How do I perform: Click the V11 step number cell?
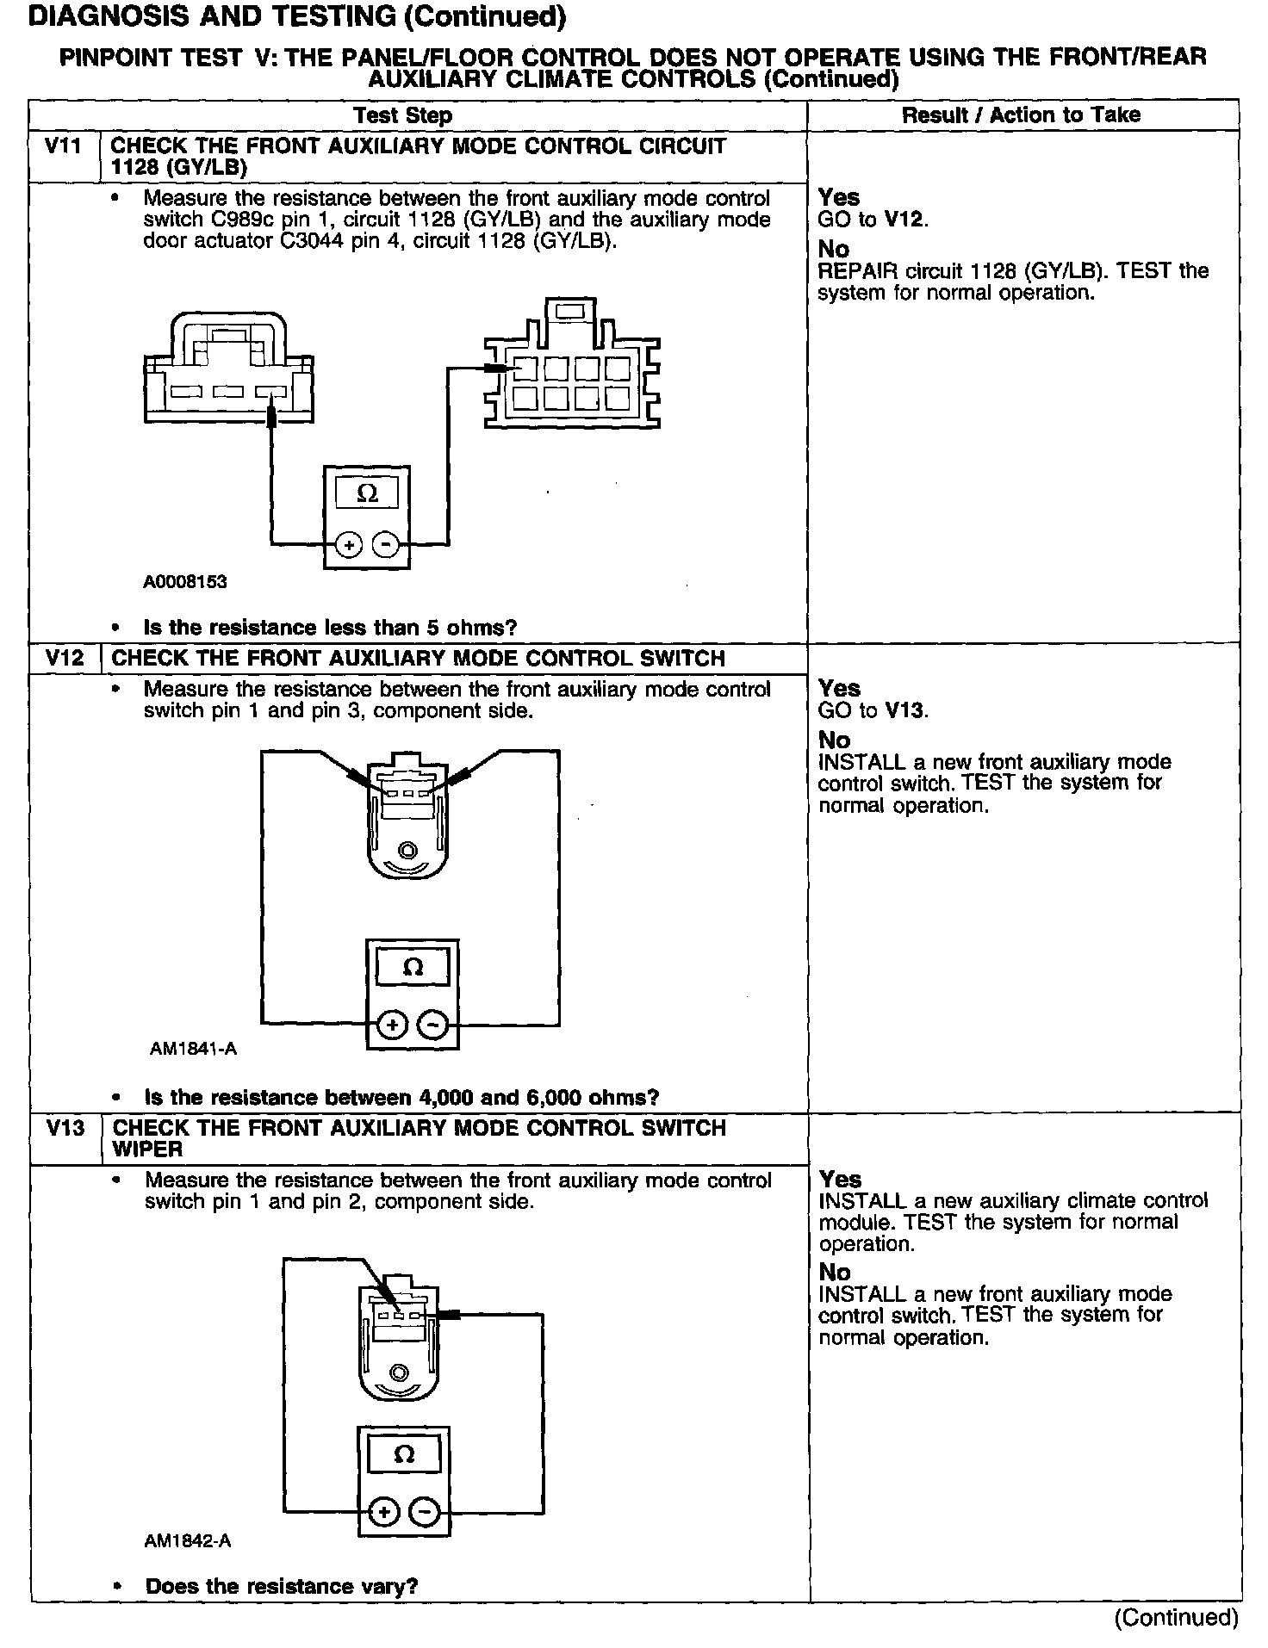64,146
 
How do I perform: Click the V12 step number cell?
65,659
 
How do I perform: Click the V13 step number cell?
65,1128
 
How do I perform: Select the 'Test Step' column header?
402,115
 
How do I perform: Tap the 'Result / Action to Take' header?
1021,115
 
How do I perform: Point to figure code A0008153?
185,581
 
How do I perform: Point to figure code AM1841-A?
193,1049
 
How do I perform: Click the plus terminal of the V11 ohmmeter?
348,545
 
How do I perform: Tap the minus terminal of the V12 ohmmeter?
432,1025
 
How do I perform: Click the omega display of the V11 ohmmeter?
367,494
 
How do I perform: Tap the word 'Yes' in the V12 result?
839,689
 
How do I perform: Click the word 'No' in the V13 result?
834,1272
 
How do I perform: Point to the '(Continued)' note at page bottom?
1176,1617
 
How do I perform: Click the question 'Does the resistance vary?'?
282,1586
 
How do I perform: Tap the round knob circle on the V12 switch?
408,852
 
